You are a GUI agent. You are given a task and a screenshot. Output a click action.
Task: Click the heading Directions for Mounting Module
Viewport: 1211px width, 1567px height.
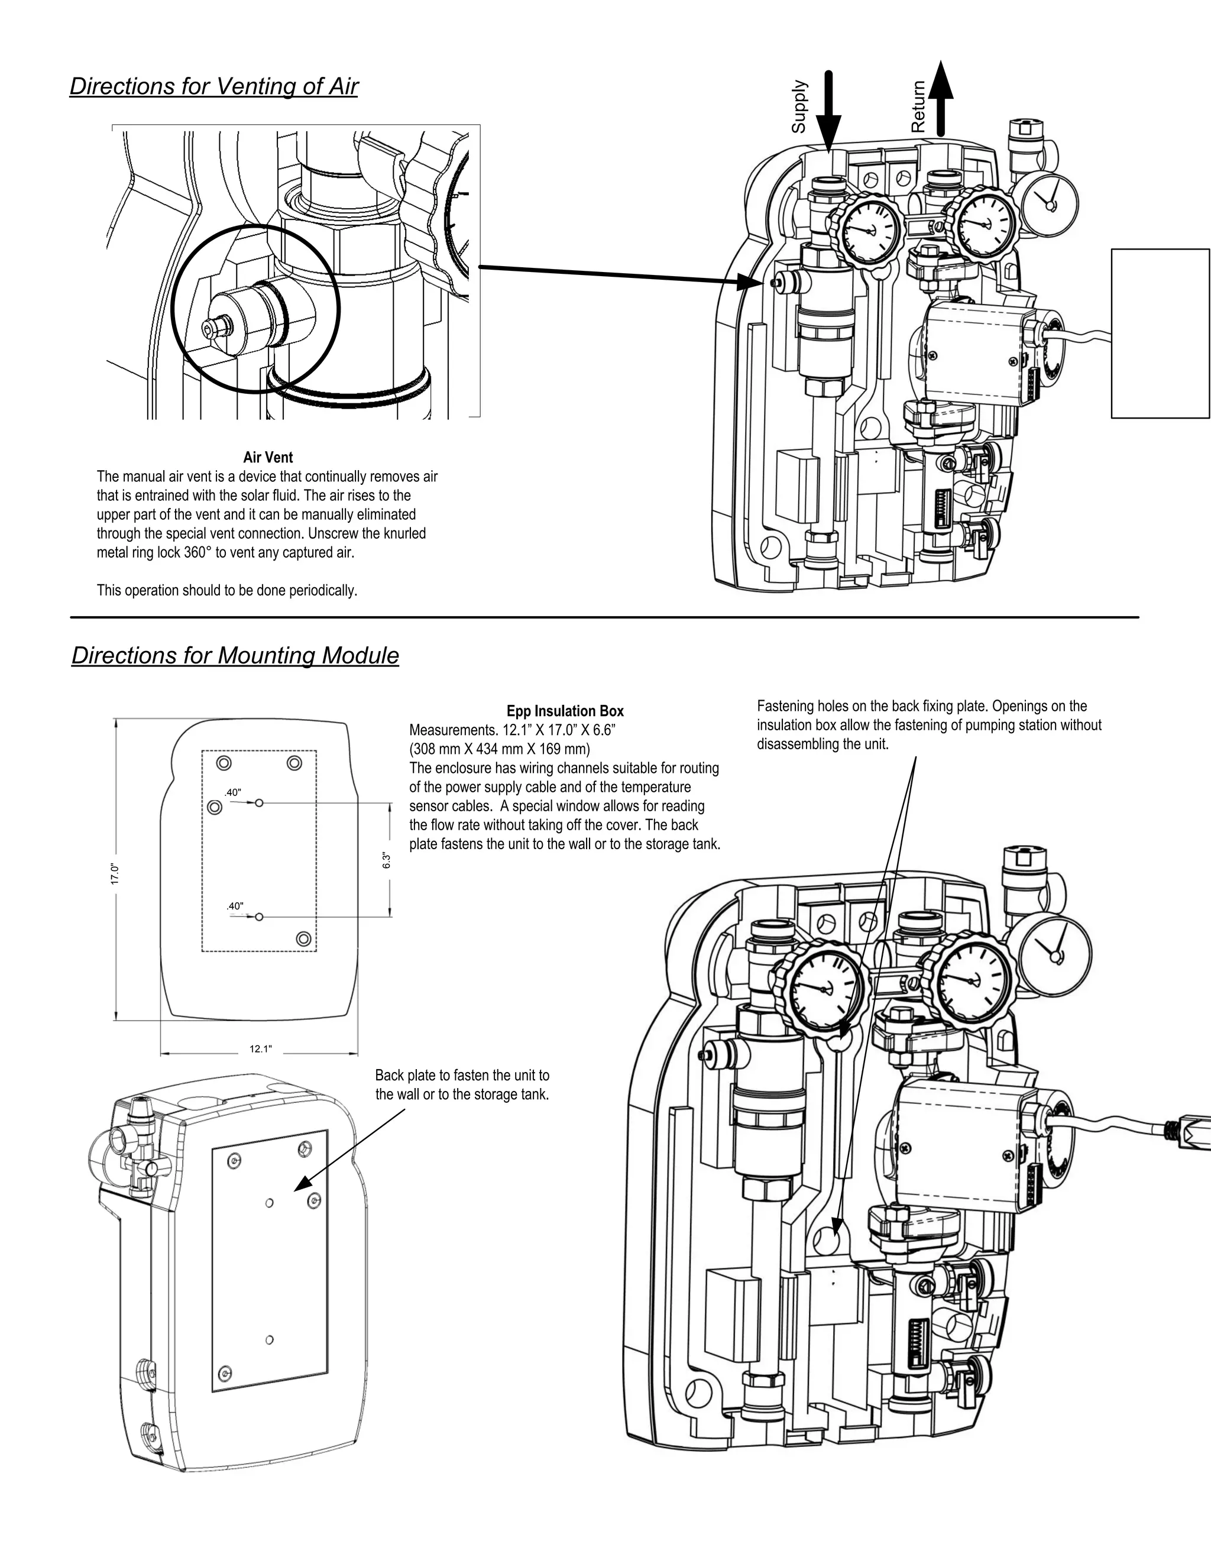235,656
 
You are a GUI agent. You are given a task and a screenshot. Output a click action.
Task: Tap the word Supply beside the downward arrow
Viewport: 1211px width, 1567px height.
799,106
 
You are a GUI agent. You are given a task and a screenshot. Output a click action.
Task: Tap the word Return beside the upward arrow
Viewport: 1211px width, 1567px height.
918,106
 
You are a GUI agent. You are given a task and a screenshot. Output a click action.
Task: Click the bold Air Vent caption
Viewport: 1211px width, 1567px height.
268,457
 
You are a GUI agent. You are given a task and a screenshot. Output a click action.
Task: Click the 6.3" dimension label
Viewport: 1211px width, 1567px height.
387,860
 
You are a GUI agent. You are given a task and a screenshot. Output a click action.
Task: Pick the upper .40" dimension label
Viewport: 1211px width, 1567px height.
232,793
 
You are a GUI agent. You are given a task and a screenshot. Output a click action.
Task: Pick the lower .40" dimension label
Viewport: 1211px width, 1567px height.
235,906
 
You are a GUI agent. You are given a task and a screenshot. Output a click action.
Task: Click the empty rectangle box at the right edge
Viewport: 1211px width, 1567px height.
1160,333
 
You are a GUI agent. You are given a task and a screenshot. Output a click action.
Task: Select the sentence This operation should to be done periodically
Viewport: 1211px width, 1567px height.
226,591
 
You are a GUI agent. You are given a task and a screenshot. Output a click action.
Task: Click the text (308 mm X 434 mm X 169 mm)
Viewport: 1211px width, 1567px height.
499,750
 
